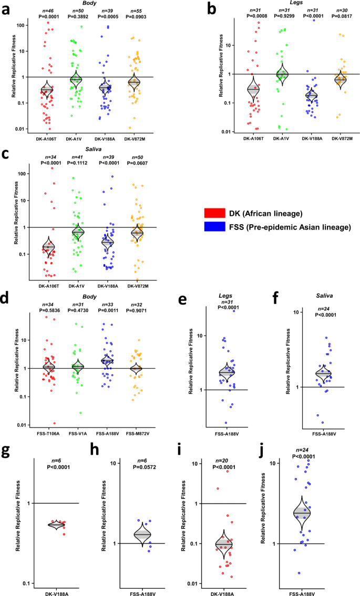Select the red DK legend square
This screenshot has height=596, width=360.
[x=211, y=213]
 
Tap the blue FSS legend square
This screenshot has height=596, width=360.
[x=211, y=227]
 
